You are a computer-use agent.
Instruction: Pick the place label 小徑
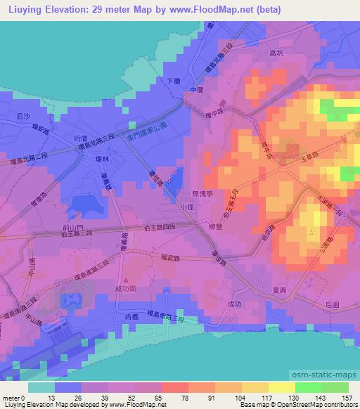(187, 207)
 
